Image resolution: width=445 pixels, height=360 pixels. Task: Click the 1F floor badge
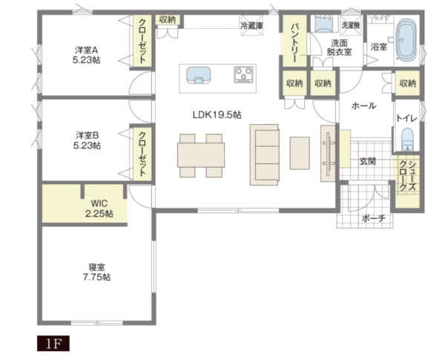53,344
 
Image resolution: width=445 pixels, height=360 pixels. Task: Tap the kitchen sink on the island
198,75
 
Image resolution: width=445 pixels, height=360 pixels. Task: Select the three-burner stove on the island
243,74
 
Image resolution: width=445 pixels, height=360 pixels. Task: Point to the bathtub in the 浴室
406,40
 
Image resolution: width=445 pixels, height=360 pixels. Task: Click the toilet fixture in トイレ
407,140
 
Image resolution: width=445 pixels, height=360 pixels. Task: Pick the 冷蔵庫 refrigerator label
251,25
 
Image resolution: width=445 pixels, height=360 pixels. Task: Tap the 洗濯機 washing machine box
351,25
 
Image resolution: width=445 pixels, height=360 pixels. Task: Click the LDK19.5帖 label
217,115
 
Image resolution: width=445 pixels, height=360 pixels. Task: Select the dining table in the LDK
201,155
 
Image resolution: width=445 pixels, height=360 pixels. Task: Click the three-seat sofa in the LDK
264,155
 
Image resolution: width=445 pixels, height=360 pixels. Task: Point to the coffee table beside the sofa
300,153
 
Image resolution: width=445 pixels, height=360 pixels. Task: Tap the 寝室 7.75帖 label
96,272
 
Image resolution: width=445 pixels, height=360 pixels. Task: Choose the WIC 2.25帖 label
99,209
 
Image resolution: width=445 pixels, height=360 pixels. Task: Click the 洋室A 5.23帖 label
87,55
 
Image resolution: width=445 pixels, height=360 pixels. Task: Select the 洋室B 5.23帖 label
87,140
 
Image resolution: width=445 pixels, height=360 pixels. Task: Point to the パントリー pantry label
294,43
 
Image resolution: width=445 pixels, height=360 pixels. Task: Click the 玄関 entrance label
368,161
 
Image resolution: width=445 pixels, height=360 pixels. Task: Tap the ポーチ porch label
374,218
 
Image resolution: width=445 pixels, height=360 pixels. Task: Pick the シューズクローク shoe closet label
407,176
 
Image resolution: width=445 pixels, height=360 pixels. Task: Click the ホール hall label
363,105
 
